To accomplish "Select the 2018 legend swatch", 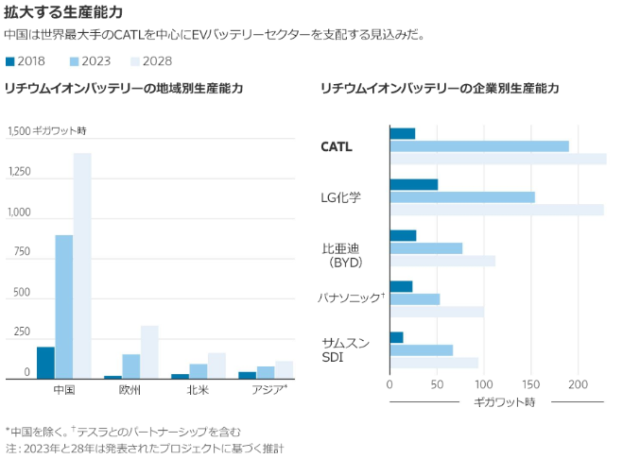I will pos(10,60).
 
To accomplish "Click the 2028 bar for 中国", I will pos(82,265).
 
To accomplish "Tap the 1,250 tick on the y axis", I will pos(19,173).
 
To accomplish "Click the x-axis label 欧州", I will pos(130,389).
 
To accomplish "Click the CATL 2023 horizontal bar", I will pos(479,146).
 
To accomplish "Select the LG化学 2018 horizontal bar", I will pos(413,184).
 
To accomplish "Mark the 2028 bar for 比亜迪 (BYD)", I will pos(442,261).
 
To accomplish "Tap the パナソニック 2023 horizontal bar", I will pos(414,299).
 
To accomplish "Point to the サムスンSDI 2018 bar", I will pos(396,337).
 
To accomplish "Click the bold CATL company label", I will pos(337,146).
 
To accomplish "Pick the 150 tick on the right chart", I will pos(531,384).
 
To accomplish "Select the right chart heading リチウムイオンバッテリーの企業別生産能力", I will pos(440,88).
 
